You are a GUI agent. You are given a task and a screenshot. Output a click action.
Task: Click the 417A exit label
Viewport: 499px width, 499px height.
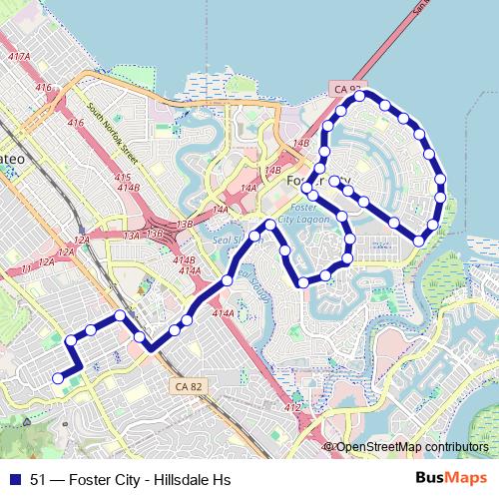(18, 58)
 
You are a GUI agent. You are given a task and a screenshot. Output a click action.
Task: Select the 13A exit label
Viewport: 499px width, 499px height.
(132, 236)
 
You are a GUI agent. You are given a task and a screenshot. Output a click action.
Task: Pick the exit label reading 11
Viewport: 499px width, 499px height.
(13, 270)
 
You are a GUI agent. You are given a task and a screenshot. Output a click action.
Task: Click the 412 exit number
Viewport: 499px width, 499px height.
(291, 408)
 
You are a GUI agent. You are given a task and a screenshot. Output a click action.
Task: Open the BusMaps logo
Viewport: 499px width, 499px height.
(451, 479)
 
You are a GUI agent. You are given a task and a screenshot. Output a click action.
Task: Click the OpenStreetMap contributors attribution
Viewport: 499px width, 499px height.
(411, 446)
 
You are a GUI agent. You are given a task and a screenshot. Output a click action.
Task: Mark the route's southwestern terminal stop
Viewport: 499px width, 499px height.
(58, 377)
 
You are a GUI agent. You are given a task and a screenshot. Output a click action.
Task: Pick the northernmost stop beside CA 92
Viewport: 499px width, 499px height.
(360, 96)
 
